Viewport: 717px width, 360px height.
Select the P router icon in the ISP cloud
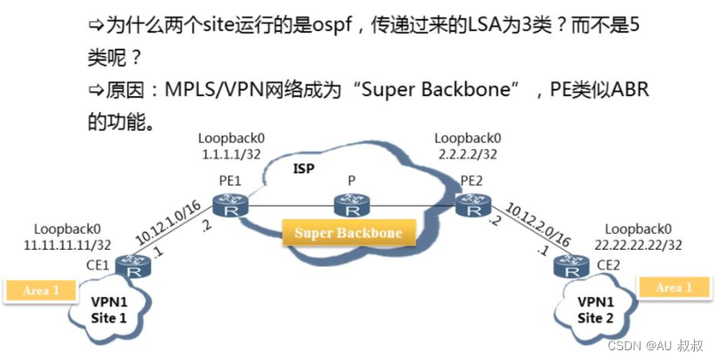click(x=352, y=207)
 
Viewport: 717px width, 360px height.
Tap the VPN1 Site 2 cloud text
click(x=593, y=307)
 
